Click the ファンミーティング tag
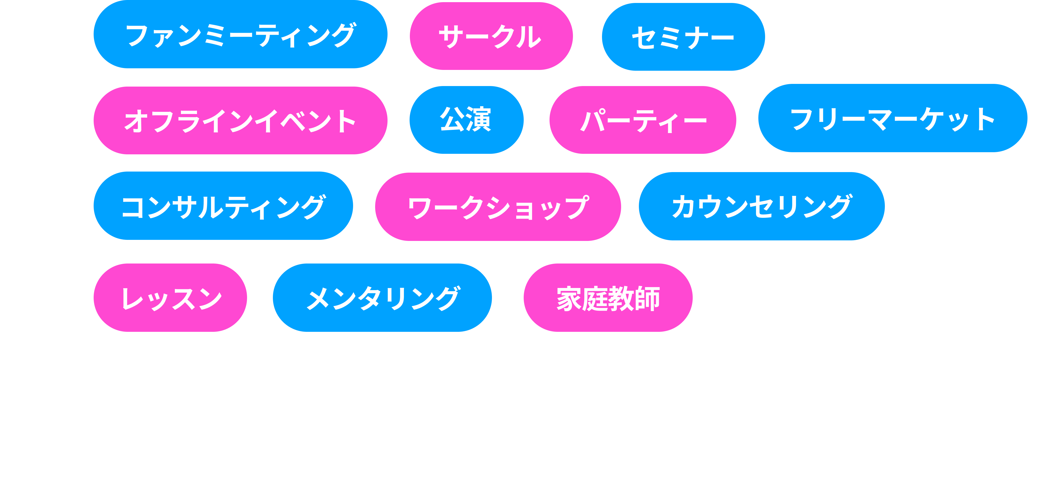tap(240, 34)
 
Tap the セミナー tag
tap(683, 37)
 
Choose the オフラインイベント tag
tap(240, 120)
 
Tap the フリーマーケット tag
tap(892, 118)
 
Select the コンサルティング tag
tap(223, 206)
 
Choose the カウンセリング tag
tap(761, 206)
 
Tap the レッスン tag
tap(170, 298)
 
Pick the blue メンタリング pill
tap(382, 298)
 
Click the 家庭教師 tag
tap(608, 298)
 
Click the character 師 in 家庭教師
tap(647, 298)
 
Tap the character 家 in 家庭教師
tap(569, 298)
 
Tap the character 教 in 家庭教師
tap(621, 298)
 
